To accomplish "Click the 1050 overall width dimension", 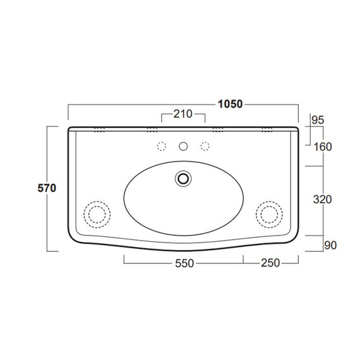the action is pos(230,104).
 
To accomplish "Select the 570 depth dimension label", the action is pos(47,188).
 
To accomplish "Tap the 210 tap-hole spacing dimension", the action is pos(183,114).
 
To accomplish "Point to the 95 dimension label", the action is pos(318,120).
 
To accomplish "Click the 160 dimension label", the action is pos(323,147).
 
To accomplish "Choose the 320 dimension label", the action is pos(322,200).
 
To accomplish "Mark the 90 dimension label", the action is pos(330,246).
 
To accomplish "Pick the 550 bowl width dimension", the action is pos(184,263).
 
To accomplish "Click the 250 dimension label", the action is pos(270,263).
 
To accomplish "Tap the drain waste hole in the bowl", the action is pos(183,179).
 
